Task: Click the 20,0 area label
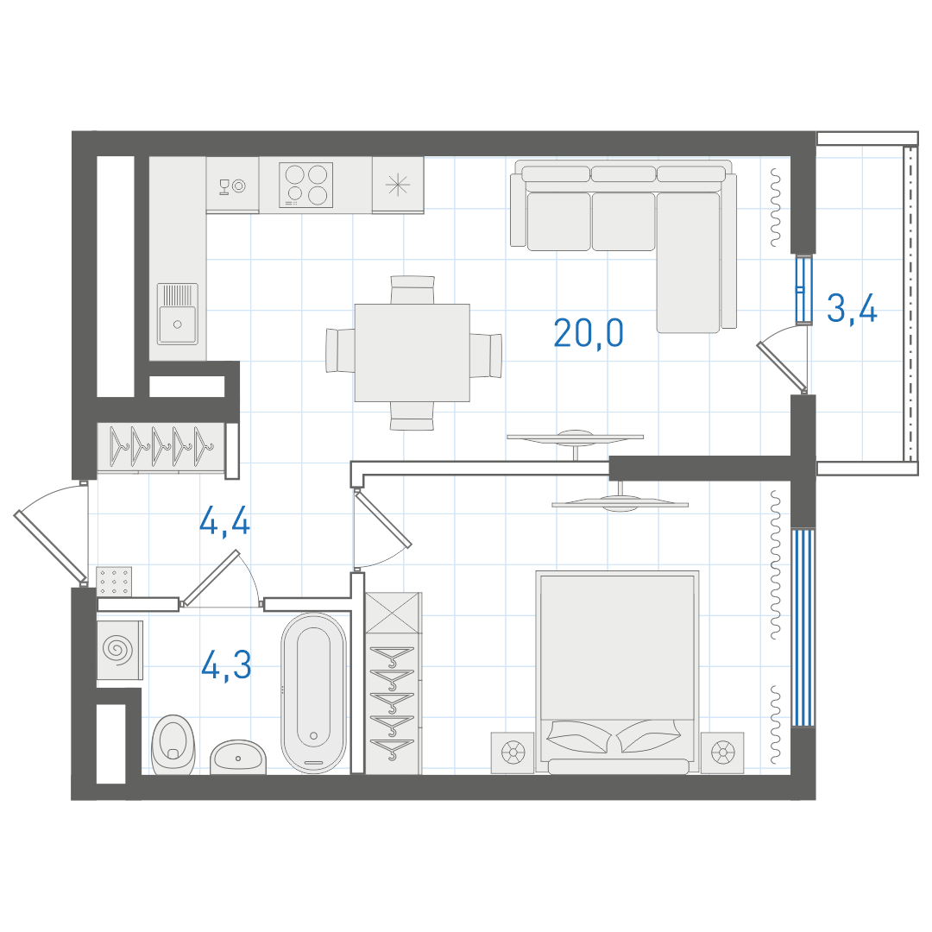[x=589, y=333]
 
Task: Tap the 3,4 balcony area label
[x=852, y=309]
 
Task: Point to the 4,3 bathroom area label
[x=226, y=665]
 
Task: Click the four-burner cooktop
[x=306, y=185]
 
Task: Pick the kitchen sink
[x=177, y=314]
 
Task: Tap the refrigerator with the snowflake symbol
[x=398, y=185]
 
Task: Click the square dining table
[x=412, y=352]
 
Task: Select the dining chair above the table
[x=412, y=290]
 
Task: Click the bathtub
[x=313, y=692]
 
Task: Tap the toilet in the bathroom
[x=173, y=745]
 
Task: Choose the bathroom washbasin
[x=238, y=757]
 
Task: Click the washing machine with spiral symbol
[x=119, y=650]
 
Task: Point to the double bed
[x=617, y=672]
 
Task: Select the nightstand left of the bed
[x=513, y=753]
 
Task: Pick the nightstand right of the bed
[x=722, y=753]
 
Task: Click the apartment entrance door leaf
[x=51, y=547]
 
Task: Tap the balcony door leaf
[x=782, y=367]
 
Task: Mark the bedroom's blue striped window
[x=803, y=627]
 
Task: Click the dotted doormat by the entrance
[x=114, y=581]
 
